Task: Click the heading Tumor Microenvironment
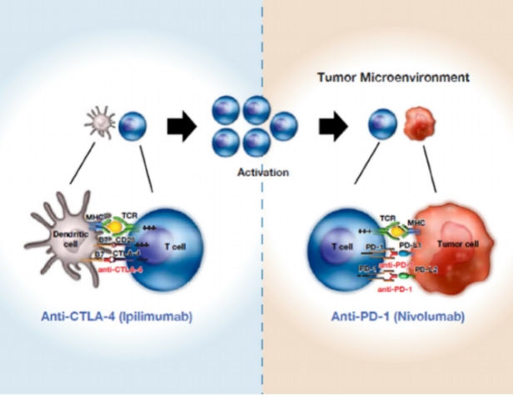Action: pyautogui.click(x=392, y=77)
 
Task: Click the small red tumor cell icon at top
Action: pyautogui.click(x=419, y=127)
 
